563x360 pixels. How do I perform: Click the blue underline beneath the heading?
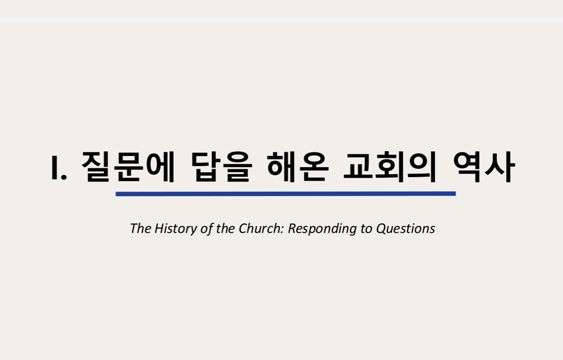click(286, 193)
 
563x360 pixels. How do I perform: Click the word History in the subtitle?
click(176, 228)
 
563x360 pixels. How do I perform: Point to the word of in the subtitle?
click(206, 228)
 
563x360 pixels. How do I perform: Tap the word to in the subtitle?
click(366, 228)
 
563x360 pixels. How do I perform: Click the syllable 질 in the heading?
click(96, 167)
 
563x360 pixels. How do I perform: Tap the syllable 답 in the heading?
click(206, 167)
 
